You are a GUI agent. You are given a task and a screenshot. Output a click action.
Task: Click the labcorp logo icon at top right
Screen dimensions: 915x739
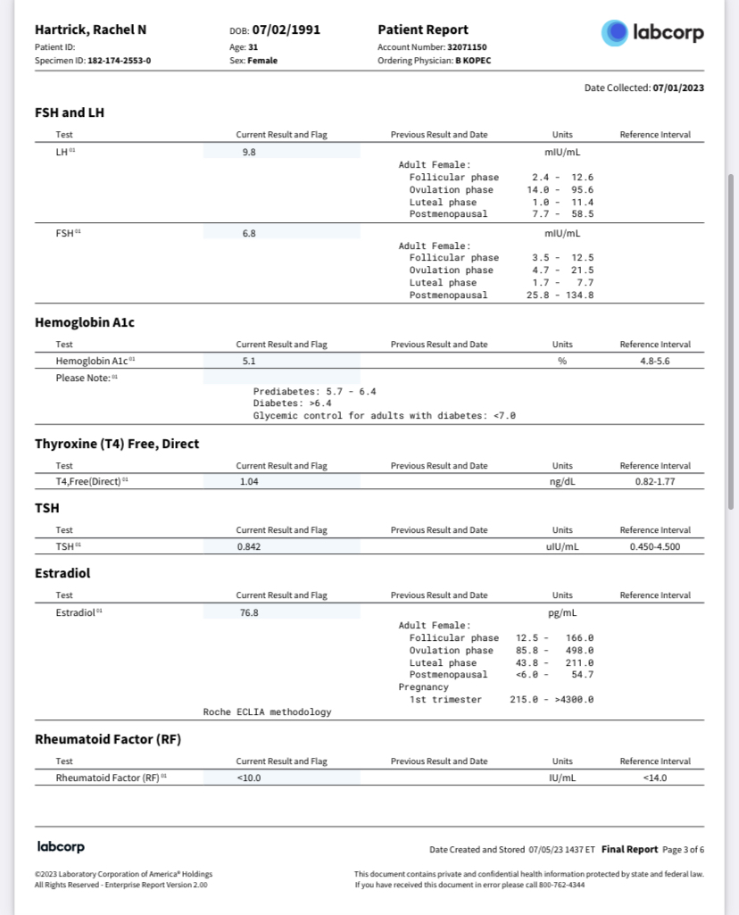pyautogui.click(x=616, y=33)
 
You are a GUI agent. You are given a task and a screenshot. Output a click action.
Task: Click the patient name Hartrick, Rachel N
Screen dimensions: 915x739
pyautogui.click(x=90, y=29)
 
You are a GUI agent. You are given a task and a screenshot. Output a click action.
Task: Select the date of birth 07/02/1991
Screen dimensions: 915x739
pyautogui.click(x=286, y=29)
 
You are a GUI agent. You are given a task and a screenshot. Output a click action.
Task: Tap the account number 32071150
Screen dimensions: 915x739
pyautogui.click(x=467, y=46)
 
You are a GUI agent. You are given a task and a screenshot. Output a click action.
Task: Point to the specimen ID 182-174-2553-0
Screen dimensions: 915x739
pyautogui.click(x=120, y=61)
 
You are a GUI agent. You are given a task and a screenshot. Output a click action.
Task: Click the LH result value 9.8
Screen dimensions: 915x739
pyautogui.click(x=249, y=152)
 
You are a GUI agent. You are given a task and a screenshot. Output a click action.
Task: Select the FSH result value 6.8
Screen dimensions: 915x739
pyautogui.click(x=249, y=233)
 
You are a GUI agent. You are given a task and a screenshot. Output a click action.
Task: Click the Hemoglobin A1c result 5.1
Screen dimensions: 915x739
pyautogui.click(x=249, y=361)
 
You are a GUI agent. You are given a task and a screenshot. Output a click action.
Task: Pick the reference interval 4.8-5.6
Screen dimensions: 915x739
pyautogui.click(x=655, y=361)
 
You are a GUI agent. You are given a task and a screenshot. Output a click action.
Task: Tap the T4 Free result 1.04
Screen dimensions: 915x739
pyautogui.click(x=249, y=482)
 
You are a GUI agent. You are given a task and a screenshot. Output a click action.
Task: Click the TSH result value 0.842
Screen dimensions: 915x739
pyautogui.click(x=249, y=546)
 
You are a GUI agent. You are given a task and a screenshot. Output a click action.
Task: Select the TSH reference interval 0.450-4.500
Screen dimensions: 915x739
pyautogui.click(x=655, y=546)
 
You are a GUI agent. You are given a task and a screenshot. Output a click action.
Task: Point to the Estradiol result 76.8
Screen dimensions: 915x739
pyautogui.click(x=249, y=612)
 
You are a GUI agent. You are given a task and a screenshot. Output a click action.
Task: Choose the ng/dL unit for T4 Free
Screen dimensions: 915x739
pyautogui.click(x=562, y=482)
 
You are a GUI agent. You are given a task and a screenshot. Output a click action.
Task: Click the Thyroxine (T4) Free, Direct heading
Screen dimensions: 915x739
pyautogui.click(x=117, y=444)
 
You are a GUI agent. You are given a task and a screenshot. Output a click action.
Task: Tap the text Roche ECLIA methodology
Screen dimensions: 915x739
pyautogui.click(x=267, y=711)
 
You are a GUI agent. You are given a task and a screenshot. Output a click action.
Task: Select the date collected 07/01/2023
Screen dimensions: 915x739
pyautogui.click(x=678, y=88)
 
